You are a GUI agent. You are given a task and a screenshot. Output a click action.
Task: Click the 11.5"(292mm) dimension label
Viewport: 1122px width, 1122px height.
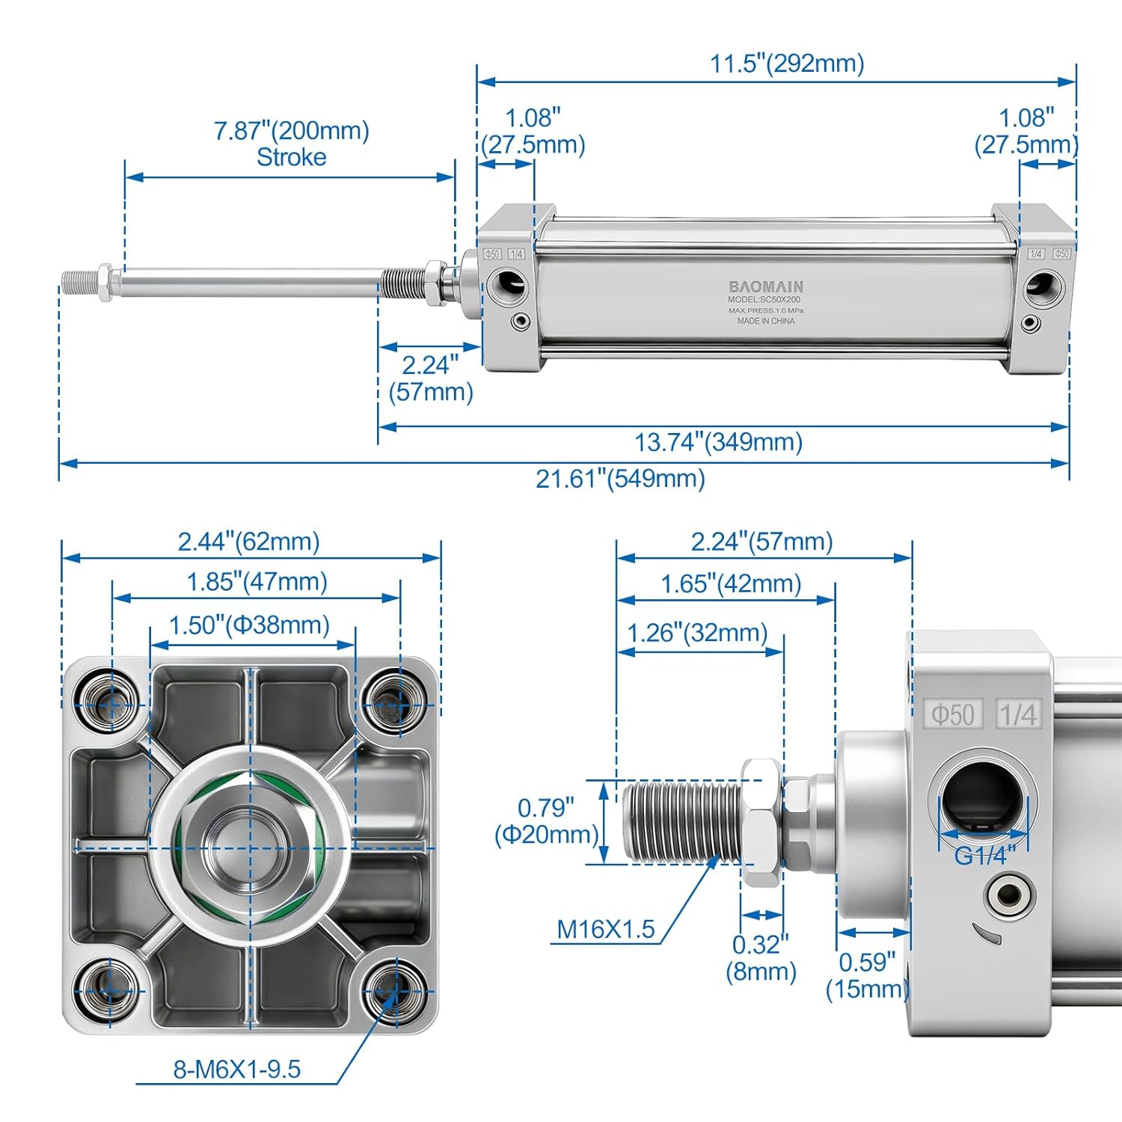(787, 64)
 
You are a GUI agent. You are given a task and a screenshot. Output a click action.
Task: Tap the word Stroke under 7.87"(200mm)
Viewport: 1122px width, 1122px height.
(291, 158)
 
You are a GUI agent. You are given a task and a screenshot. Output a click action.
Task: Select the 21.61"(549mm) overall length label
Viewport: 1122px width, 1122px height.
(620, 479)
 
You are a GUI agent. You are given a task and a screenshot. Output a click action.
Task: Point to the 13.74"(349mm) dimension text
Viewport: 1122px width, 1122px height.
(718, 442)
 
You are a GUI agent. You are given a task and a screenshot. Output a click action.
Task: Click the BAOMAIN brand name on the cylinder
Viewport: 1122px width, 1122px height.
(766, 286)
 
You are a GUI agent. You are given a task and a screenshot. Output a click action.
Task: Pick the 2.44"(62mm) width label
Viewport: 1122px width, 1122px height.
(248, 542)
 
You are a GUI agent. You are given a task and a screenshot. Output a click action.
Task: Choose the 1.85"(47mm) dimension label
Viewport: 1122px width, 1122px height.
(257, 582)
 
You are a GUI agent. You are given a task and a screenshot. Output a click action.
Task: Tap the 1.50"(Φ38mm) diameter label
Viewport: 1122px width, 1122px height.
(249, 625)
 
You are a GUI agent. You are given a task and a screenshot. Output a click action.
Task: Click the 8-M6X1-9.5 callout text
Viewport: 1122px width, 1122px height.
(237, 1070)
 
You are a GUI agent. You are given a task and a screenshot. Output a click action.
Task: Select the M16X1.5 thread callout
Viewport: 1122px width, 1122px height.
(605, 930)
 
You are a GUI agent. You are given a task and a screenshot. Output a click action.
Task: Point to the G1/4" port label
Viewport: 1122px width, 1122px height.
(984, 855)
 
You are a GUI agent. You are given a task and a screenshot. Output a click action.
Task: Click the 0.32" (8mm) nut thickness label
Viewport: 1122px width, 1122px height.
(761, 958)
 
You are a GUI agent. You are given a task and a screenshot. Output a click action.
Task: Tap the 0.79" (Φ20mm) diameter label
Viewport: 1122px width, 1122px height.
(547, 821)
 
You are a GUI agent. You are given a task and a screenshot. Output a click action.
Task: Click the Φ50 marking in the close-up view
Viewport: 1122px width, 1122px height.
(952, 714)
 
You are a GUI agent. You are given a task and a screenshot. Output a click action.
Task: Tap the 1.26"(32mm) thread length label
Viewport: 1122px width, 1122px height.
(697, 634)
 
